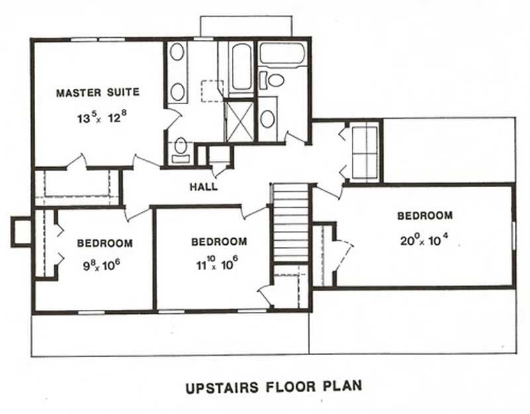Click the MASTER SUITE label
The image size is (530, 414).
pyautogui.click(x=97, y=93)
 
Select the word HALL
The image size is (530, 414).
pyautogui.click(x=203, y=187)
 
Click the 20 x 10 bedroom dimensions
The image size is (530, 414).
pyautogui.click(x=425, y=241)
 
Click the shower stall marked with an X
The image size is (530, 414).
pyautogui.click(x=239, y=120)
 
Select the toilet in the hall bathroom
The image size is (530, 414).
pyautogui.click(x=275, y=81)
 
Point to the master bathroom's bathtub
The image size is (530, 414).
pyautogui.click(x=241, y=66)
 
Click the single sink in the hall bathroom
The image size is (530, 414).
pyautogui.click(x=268, y=119)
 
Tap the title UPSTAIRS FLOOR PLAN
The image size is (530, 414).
pyautogui.click(x=273, y=386)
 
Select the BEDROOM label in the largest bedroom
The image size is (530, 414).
pyautogui.click(x=425, y=216)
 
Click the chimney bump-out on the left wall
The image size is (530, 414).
pyautogui.click(x=21, y=232)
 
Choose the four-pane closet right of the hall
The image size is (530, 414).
pyautogui.click(x=364, y=151)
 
